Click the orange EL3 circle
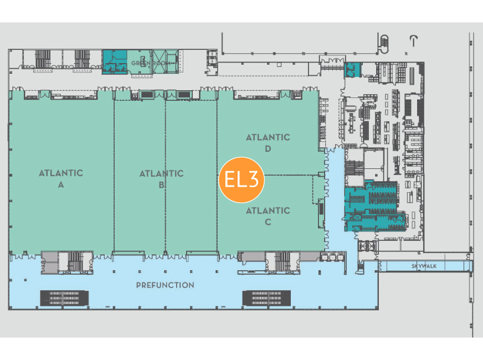[242, 179]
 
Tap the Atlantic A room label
[61, 179]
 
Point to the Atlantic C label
[268, 216]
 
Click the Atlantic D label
[268, 143]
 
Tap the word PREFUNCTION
[165, 285]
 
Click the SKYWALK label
[424, 266]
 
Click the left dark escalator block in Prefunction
[63, 298]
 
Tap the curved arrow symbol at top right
[413, 40]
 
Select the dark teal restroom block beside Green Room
[114, 61]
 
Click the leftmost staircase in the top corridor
[43, 59]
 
